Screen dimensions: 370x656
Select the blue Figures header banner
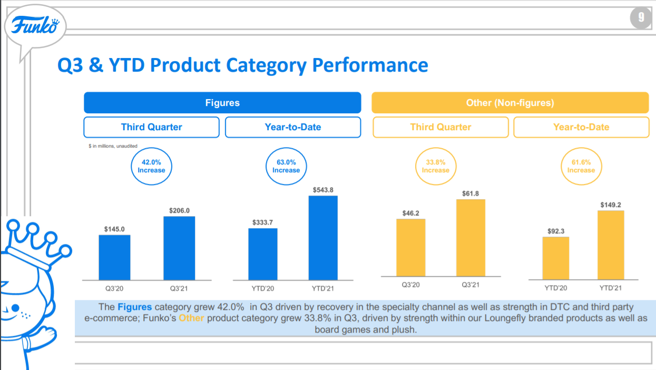coord(222,103)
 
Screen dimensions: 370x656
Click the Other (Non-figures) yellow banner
coord(510,103)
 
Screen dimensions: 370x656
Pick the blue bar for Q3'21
coord(179,248)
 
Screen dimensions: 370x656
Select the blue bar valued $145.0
coord(114,257)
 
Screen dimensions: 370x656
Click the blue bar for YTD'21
coord(323,238)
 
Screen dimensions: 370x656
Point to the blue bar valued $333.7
coord(263,254)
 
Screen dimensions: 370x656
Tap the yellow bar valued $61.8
coord(471,238)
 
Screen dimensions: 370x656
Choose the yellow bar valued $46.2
coord(410,247)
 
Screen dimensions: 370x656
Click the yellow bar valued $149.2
coord(611,245)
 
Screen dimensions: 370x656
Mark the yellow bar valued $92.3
coord(556,258)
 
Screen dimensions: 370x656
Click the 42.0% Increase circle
coord(151,167)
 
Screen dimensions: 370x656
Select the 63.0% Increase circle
coord(286,167)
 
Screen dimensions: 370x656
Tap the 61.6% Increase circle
coord(581,167)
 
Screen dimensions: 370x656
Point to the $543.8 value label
coord(323,190)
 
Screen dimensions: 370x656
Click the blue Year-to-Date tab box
coord(293,127)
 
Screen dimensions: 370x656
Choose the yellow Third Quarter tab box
coord(440,127)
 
